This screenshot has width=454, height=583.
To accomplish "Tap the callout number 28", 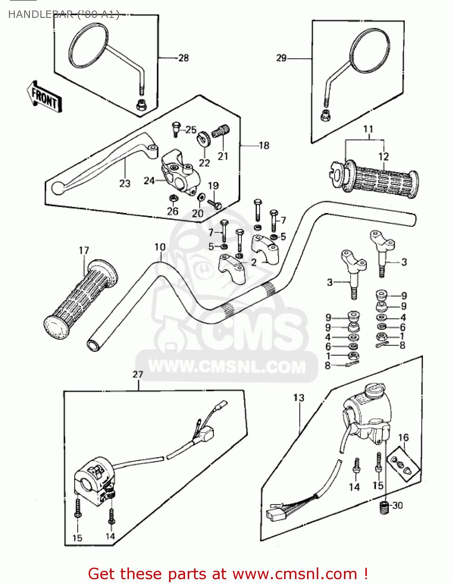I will pos(183,58).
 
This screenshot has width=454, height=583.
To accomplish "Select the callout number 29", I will pos(281,58).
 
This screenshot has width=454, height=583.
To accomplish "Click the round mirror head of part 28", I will pos(88,45).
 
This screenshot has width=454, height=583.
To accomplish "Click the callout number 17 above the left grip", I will pos(84,251).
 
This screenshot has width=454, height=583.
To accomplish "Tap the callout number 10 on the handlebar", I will pos(160,247).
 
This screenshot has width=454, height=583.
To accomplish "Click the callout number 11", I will pos(368,129).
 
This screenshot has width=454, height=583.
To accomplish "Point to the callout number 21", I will pos(223,156).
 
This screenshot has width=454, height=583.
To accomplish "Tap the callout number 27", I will pos(138,374).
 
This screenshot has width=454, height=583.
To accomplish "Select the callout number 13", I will pos(299,398).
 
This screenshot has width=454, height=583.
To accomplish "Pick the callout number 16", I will pos(403,438).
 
